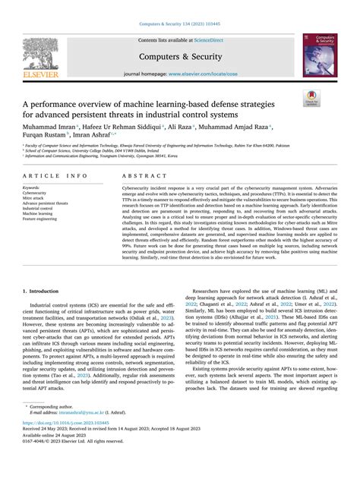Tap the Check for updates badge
332,96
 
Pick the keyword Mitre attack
36,197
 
